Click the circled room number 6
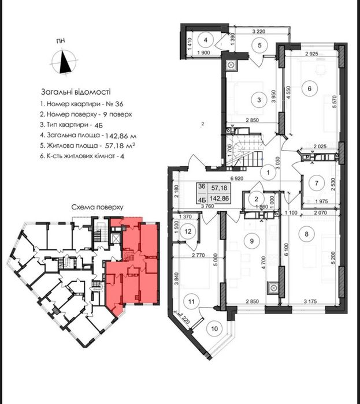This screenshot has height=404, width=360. point(310,88)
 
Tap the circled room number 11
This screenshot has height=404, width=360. point(191,301)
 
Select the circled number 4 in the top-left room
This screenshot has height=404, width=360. point(205,40)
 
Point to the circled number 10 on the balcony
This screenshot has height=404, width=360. point(214,329)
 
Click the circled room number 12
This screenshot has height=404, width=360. point(188,231)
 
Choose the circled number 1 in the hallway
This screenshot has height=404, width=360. point(268,173)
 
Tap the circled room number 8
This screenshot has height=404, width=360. point(306,234)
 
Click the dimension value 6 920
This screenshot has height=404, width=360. point(236,178)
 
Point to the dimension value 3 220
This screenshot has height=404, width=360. point(259,32)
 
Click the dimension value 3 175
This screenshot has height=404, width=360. point(309,301)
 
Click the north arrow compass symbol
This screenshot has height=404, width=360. point(65,62)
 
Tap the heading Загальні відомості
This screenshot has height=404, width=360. point(76,92)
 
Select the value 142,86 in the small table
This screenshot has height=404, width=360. point(219,199)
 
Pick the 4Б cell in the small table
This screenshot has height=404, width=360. point(202,199)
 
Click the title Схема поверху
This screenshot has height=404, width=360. point(97,207)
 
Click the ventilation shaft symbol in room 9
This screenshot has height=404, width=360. point(273,287)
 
